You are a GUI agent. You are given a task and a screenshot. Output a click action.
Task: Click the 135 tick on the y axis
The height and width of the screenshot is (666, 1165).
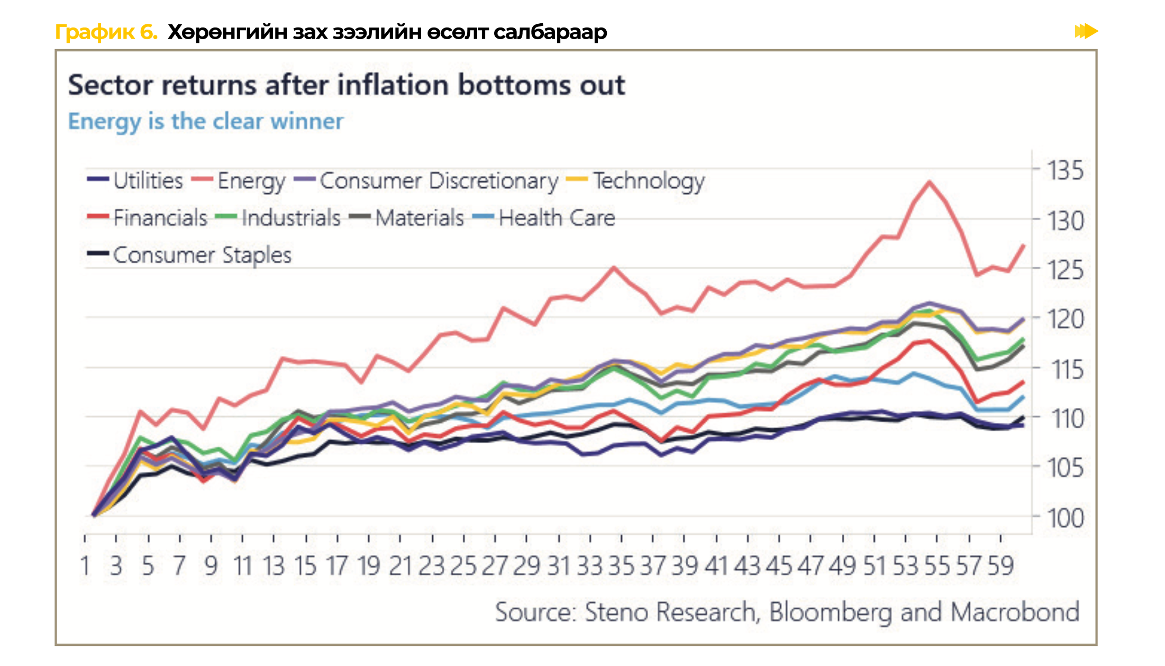click(1065, 171)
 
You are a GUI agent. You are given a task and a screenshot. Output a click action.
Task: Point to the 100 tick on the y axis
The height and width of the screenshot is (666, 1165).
click(1065, 517)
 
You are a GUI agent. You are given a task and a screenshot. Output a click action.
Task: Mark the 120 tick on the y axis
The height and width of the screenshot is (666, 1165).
click(1065, 320)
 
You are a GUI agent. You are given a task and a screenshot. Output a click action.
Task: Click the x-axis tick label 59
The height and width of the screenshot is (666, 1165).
click(1000, 566)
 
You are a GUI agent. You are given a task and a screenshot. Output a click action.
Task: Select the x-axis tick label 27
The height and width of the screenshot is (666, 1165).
click(495, 566)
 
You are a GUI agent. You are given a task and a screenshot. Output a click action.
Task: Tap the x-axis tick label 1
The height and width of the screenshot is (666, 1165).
click(85, 566)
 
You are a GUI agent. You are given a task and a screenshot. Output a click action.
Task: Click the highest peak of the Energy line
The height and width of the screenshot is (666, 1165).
click(929, 182)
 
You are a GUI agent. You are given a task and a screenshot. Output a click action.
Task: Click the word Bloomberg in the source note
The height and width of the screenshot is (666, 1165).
click(830, 612)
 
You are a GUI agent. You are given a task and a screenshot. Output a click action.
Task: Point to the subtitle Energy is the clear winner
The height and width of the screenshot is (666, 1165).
click(206, 121)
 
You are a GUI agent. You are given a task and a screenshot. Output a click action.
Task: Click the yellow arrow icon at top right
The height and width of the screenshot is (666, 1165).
click(1086, 31)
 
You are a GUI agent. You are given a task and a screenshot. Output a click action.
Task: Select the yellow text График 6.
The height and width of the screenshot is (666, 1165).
click(106, 32)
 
